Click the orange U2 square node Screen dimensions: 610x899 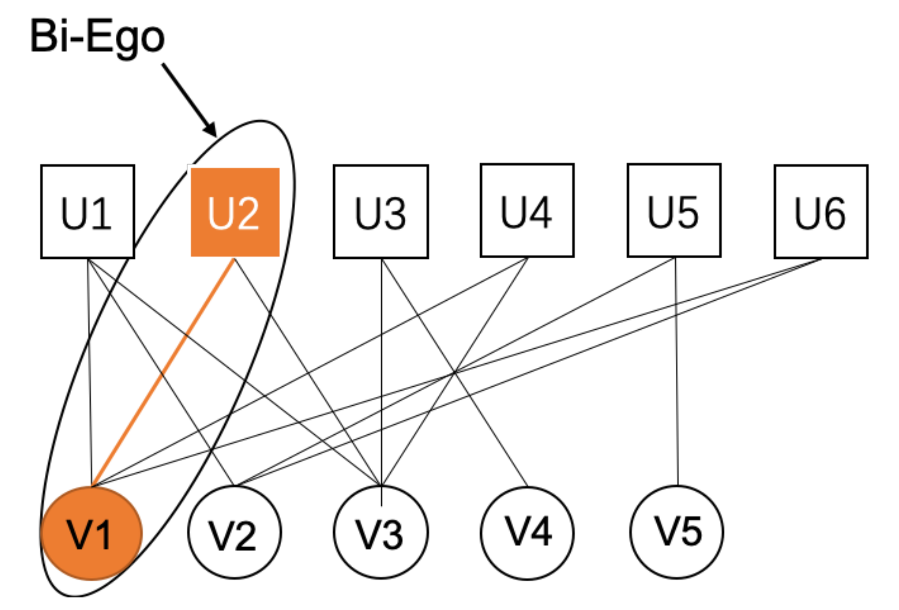point(235,212)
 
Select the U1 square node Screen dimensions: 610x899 point(88,212)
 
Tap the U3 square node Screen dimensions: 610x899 point(381,212)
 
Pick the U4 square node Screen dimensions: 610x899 point(527,210)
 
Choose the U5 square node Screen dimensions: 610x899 point(674,210)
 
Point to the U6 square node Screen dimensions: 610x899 point(821,212)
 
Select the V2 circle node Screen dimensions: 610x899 point(234,533)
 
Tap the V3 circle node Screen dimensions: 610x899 point(381,533)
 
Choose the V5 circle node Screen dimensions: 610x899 point(677,532)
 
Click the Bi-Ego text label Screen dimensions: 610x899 point(97,37)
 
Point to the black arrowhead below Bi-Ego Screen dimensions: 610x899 point(211,129)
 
